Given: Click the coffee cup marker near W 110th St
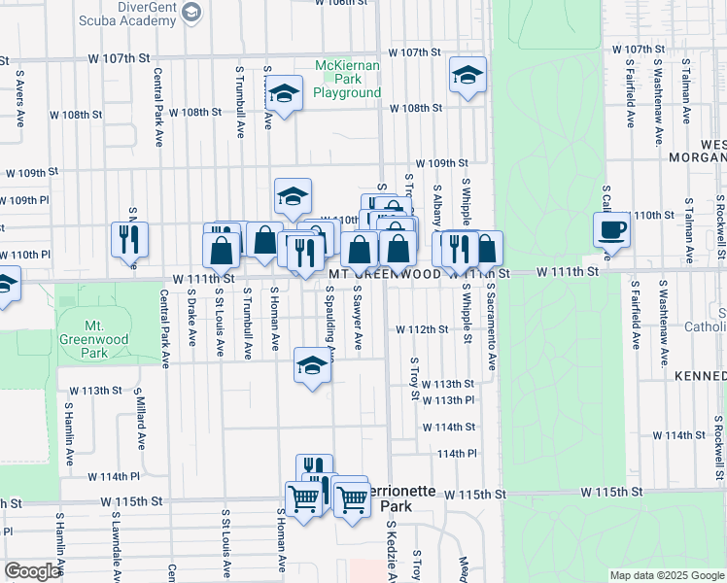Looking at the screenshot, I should pyautogui.click(x=611, y=231).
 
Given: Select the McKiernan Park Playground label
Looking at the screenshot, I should pyautogui.click(x=347, y=80).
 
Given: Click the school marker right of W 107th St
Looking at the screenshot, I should pyautogui.click(x=467, y=77).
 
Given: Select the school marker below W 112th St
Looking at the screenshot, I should pyautogui.click(x=311, y=366).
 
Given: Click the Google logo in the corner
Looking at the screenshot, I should pyautogui.click(x=31, y=571).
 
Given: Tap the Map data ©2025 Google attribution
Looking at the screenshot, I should pyautogui.click(x=666, y=575).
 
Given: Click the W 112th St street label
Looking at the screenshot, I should pyautogui.click(x=422, y=329).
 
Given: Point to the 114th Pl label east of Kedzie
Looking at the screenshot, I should pyautogui.click(x=457, y=454).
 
